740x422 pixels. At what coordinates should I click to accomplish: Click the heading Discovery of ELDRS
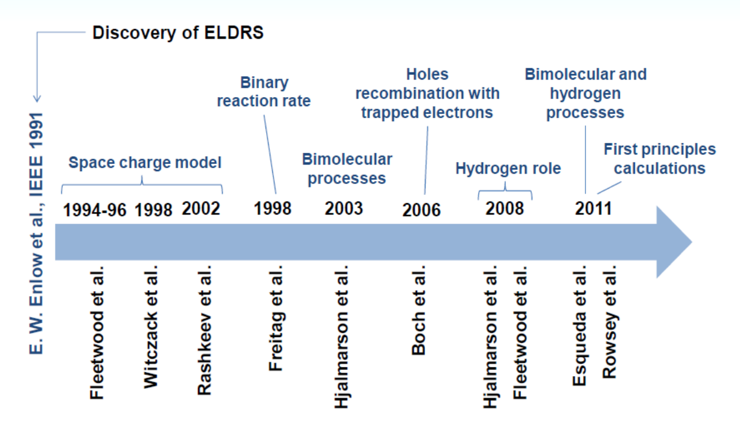click(x=177, y=33)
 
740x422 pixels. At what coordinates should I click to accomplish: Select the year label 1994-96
click(x=95, y=210)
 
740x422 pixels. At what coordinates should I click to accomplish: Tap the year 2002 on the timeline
click(x=201, y=209)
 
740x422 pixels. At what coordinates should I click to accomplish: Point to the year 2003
click(x=344, y=209)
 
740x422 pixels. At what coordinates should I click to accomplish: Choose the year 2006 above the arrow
click(x=421, y=210)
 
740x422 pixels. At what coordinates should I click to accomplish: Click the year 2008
click(x=505, y=209)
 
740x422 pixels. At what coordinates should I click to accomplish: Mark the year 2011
click(x=593, y=209)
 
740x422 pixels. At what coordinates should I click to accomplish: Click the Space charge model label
click(x=145, y=163)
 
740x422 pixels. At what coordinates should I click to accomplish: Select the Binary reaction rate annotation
click(x=264, y=92)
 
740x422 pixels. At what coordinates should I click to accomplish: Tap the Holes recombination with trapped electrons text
click(x=427, y=93)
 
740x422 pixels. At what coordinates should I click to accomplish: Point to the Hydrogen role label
click(x=508, y=168)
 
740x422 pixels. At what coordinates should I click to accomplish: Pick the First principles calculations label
click(x=660, y=159)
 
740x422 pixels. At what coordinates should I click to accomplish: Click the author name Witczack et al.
click(x=151, y=327)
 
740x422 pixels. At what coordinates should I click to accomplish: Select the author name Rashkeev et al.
click(x=204, y=330)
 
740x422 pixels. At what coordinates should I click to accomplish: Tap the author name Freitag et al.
click(x=275, y=318)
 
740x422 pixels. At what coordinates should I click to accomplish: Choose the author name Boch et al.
click(x=418, y=310)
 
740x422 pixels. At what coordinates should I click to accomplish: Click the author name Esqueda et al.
click(x=579, y=326)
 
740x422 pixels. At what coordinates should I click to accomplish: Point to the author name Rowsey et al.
click(x=610, y=322)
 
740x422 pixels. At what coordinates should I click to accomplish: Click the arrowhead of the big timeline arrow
click(x=674, y=242)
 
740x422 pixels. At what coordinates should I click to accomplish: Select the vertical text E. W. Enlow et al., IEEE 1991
click(x=36, y=233)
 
